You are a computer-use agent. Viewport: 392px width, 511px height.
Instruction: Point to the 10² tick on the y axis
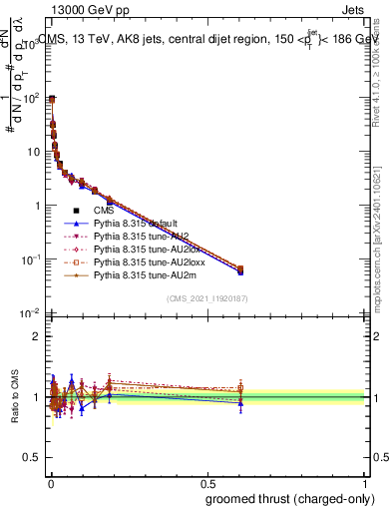click(x=31, y=99)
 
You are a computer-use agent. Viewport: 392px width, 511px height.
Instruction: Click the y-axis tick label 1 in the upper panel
click(x=38, y=206)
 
